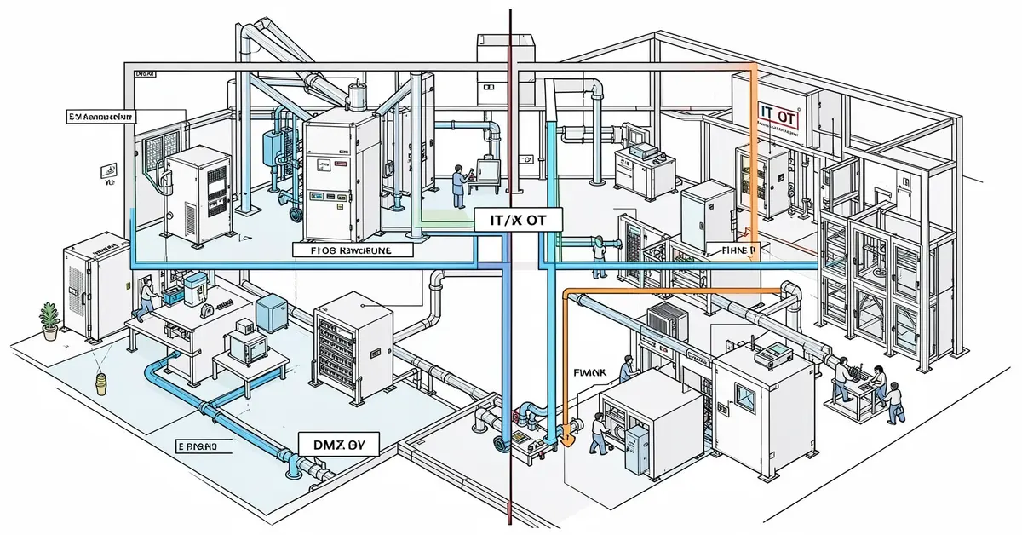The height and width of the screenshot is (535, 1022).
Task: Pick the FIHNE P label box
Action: point(735,250)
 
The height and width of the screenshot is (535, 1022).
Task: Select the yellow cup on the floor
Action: point(101,383)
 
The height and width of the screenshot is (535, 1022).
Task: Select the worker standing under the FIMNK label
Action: point(626,368)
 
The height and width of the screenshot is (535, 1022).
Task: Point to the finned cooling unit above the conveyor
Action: point(668,320)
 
